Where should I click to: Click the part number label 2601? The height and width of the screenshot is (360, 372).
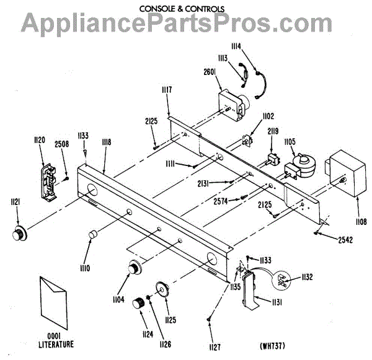[x=208, y=72]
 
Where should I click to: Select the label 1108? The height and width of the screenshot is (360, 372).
[x=360, y=221]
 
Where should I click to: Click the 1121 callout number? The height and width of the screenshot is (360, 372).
[x=14, y=201]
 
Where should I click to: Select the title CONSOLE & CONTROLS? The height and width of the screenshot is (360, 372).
[x=183, y=9]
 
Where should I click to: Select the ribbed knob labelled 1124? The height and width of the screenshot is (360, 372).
[x=144, y=304]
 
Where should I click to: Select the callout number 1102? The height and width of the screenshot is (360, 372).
[x=268, y=116]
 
